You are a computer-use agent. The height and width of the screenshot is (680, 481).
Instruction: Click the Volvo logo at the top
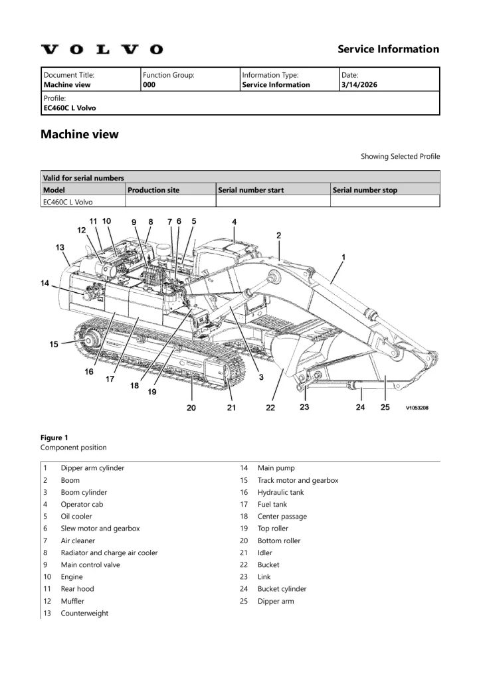click(102, 49)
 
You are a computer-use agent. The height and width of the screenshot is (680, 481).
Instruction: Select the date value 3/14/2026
click(358, 85)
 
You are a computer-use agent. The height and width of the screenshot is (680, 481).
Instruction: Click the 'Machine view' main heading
click(80, 134)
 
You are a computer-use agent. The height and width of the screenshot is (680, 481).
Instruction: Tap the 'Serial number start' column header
click(251, 190)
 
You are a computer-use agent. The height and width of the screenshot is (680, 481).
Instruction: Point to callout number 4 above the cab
click(234, 222)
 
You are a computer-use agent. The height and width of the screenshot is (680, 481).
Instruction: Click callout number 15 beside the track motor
click(54, 344)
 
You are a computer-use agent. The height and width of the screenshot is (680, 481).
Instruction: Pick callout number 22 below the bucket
click(270, 407)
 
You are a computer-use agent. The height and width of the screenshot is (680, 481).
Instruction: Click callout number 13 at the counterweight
click(60, 247)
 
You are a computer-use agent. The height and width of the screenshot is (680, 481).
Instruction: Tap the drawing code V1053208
click(417, 408)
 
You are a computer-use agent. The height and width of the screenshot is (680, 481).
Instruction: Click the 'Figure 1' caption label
click(54, 438)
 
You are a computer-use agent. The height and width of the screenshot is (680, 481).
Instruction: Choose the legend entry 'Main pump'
click(276, 468)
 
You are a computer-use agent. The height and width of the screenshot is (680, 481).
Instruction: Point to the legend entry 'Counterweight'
click(84, 614)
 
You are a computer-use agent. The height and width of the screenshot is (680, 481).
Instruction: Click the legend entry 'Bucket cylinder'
click(282, 589)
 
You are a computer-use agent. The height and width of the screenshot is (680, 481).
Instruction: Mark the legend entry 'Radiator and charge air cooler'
click(109, 552)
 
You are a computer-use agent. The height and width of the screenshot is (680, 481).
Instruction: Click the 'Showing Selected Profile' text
click(400, 157)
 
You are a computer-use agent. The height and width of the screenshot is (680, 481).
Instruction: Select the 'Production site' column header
click(153, 190)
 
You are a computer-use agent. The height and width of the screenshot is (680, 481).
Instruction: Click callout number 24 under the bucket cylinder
click(360, 407)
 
